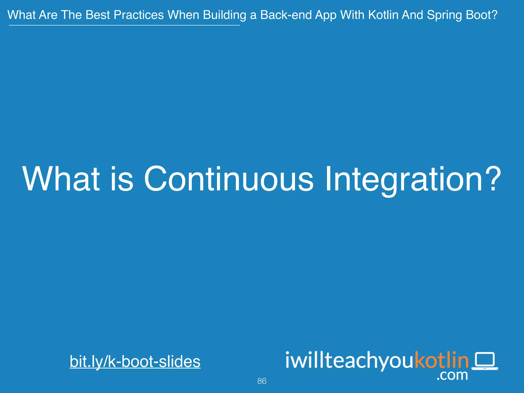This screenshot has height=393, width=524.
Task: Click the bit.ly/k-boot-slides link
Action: tap(135, 361)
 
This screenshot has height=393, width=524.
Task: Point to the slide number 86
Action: tap(262, 381)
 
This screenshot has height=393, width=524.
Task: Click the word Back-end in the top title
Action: tap(286, 15)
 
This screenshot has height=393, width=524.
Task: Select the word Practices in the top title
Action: tap(139, 15)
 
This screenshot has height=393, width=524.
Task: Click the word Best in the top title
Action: tap(98, 15)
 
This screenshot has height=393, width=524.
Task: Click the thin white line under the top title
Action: tap(124, 25)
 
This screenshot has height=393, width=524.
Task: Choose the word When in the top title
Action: tap(183, 15)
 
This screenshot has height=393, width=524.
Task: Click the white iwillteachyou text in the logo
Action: tap(350, 361)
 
